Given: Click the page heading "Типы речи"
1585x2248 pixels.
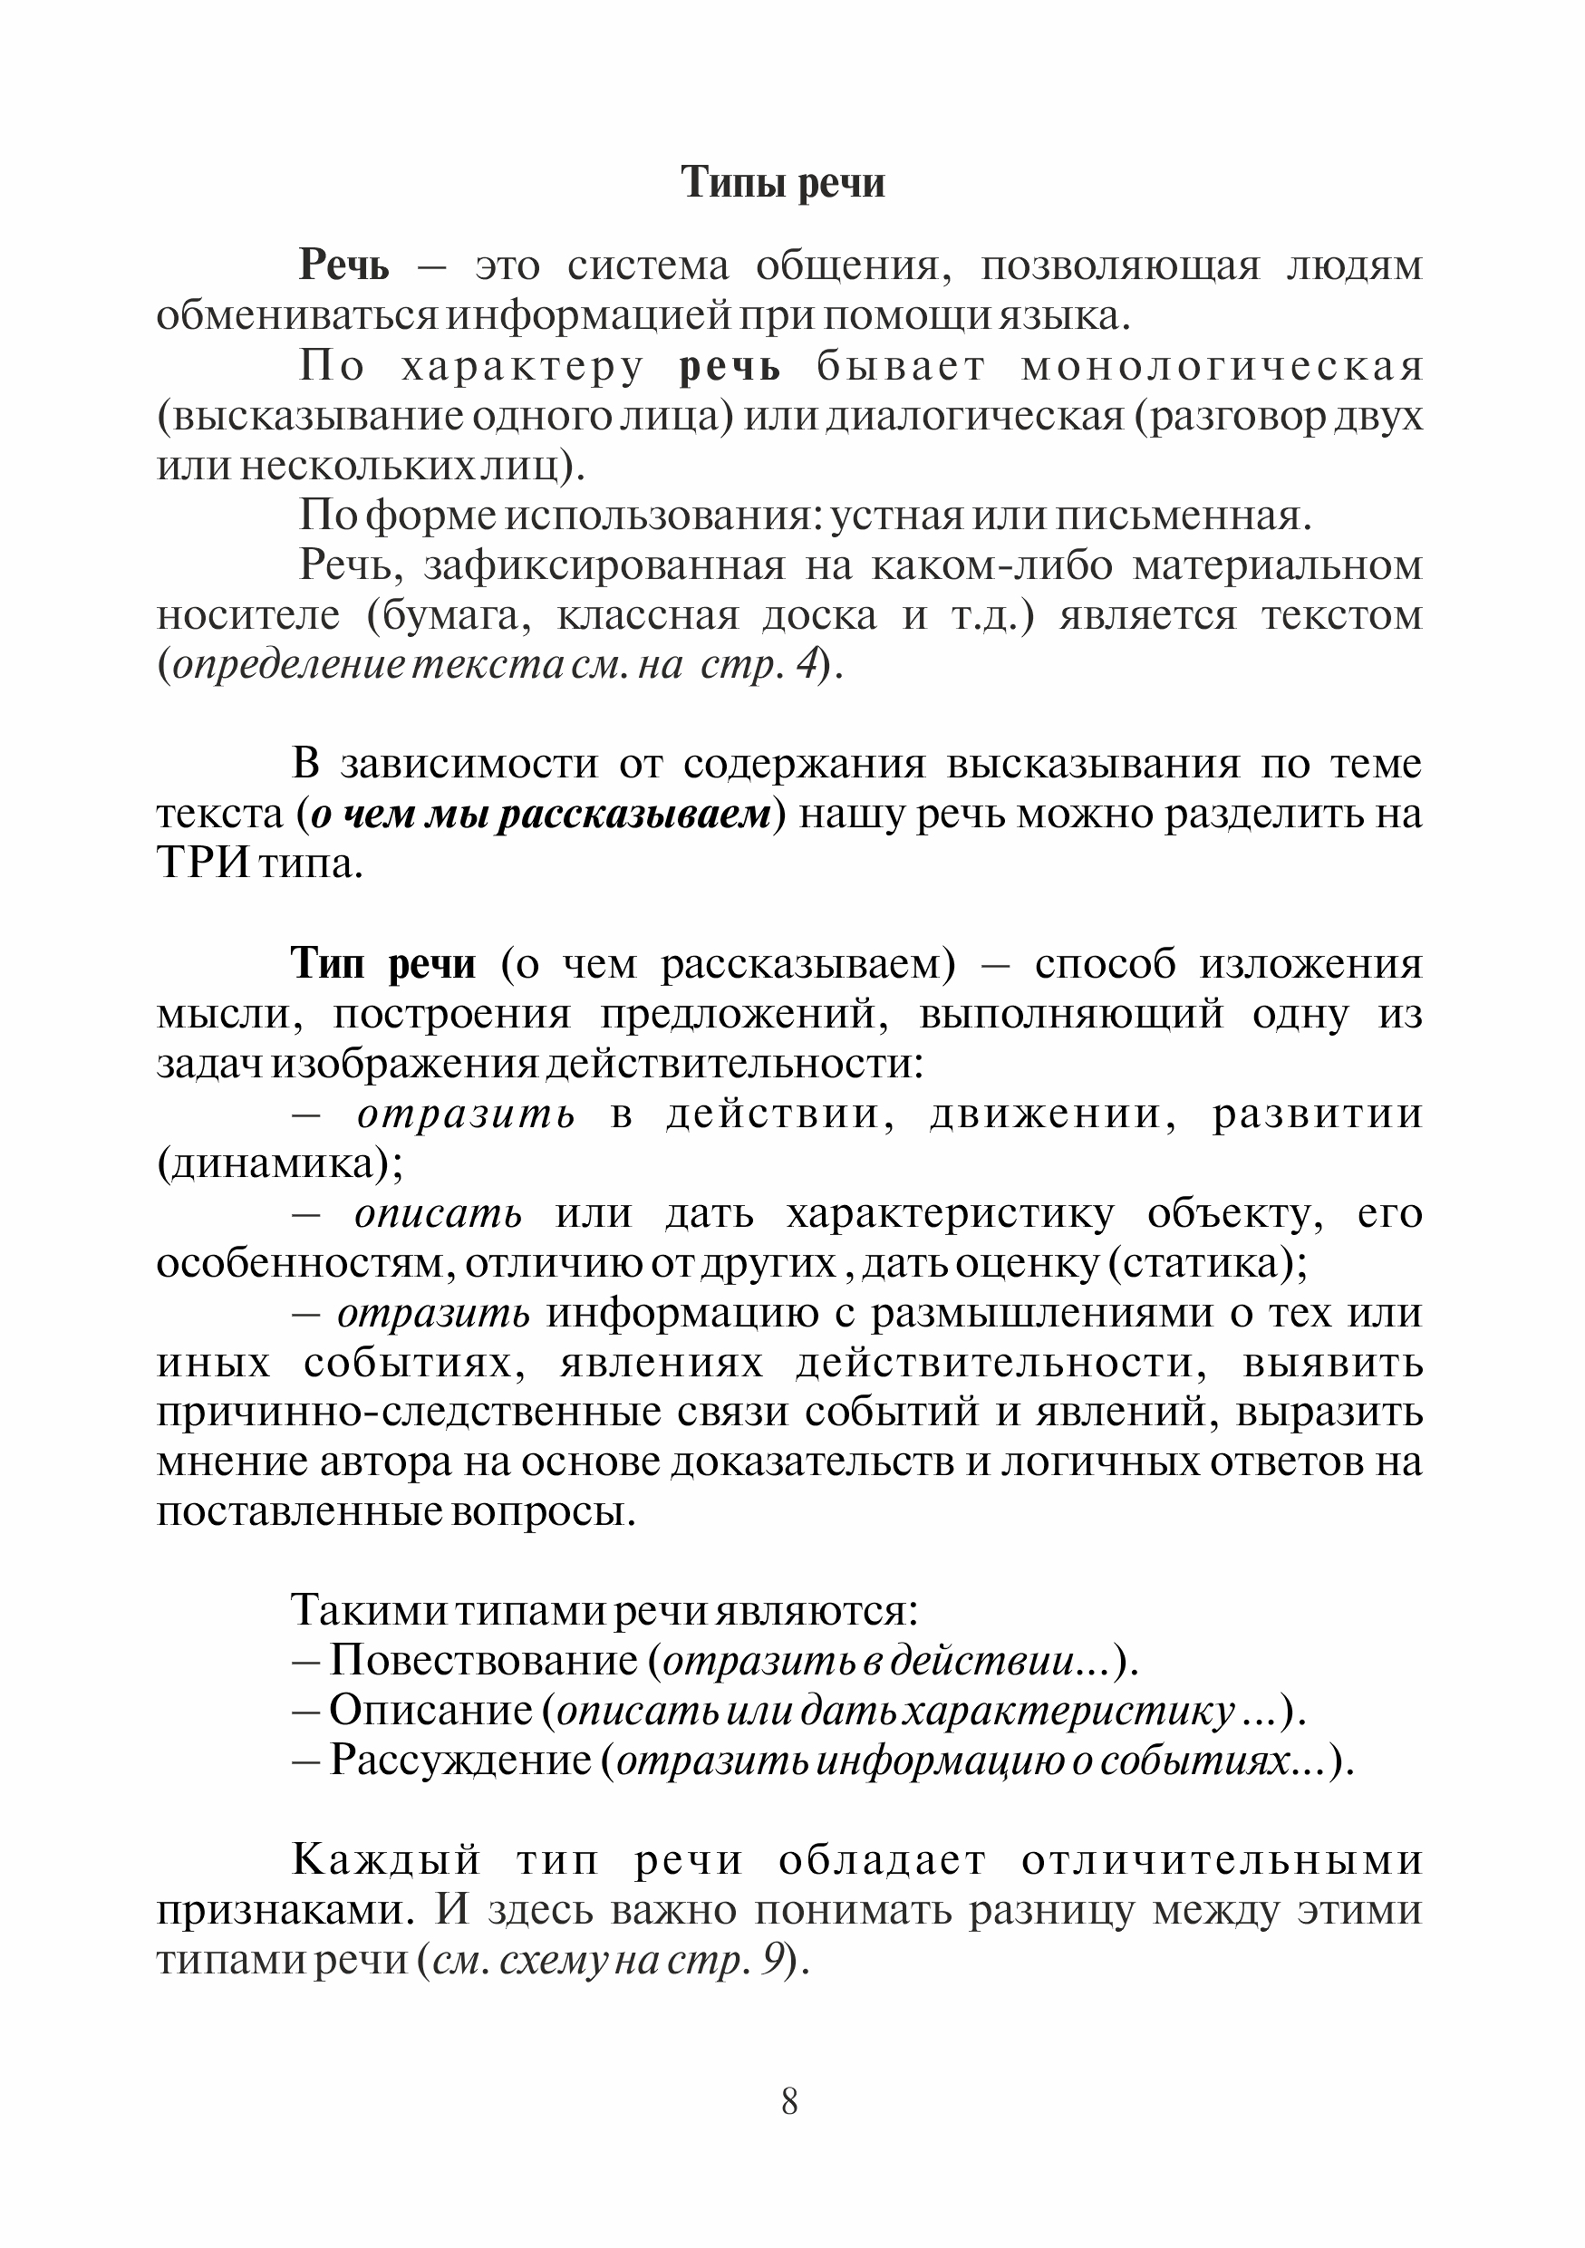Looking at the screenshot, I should pos(782,183).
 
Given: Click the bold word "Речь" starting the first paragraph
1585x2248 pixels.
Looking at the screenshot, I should pos(344,265).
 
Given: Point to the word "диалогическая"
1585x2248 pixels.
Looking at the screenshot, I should pos(975,416).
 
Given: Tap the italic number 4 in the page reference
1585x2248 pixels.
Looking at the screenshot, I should pos(806,666).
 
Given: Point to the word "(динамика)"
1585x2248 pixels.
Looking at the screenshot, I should pos(280,1163).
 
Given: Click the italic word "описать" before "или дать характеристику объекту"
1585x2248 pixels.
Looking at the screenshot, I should pos(439,1214).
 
